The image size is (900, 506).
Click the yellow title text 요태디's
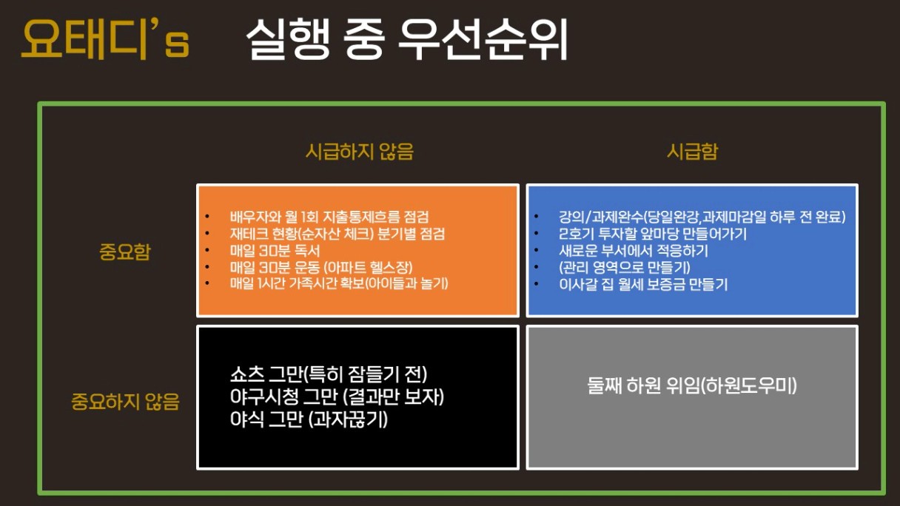point(105,39)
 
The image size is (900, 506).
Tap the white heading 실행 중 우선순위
point(406,39)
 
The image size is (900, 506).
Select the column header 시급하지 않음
point(360,152)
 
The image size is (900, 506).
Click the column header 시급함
point(692,152)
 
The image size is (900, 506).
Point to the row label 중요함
point(124,252)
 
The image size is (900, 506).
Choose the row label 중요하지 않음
point(125,402)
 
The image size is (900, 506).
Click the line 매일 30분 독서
point(275,251)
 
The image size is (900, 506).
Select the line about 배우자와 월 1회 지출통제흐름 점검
point(329,217)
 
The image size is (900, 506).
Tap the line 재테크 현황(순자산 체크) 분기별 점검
point(337,234)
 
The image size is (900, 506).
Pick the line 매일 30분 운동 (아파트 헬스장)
point(321,268)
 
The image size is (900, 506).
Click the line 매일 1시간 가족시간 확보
point(339,284)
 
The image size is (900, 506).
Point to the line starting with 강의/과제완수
point(702,217)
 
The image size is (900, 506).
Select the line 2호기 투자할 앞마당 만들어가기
point(653,234)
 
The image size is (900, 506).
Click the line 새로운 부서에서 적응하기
point(634,251)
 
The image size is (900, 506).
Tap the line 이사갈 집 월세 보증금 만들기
point(643,284)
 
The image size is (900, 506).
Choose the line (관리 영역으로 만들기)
point(625,268)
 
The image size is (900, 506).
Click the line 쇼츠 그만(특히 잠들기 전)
point(329,374)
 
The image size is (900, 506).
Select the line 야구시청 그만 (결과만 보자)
point(337,397)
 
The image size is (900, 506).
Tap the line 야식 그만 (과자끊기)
point(309,419)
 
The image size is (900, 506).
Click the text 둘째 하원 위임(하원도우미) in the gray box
point(692,385)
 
